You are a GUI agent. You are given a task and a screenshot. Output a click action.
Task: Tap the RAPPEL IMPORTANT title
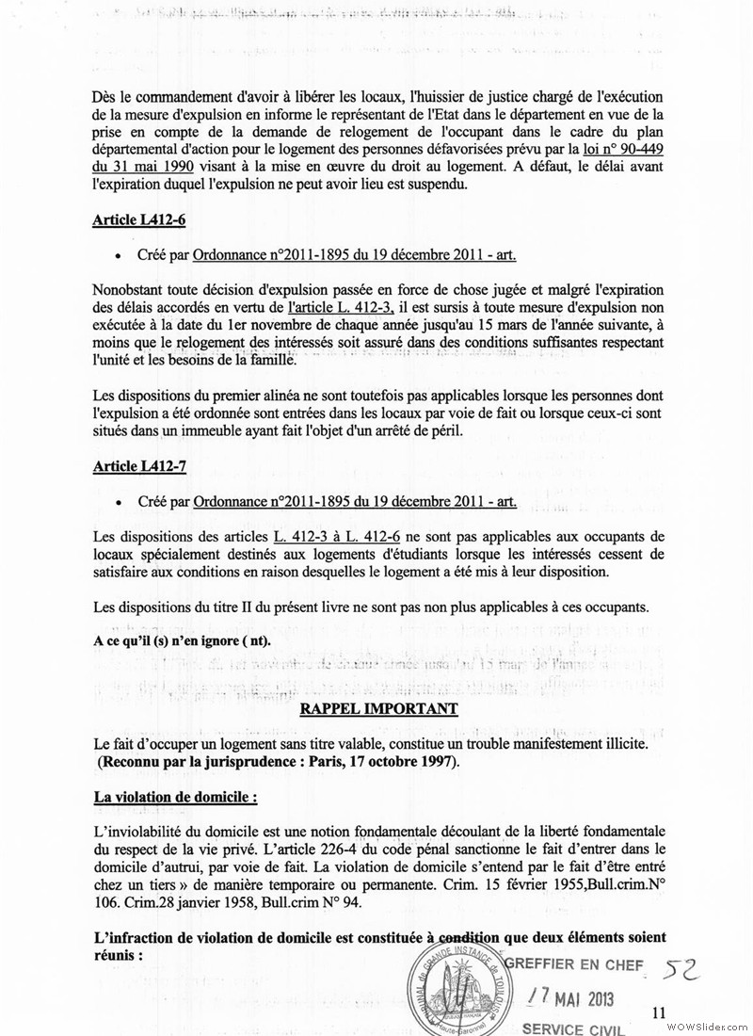pos(377,708)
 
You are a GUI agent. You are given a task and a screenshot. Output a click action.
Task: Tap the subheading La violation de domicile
pos(175,797)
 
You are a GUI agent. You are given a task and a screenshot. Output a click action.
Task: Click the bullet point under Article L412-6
pos(117,256)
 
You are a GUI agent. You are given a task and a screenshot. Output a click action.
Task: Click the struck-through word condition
pos(472,936)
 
